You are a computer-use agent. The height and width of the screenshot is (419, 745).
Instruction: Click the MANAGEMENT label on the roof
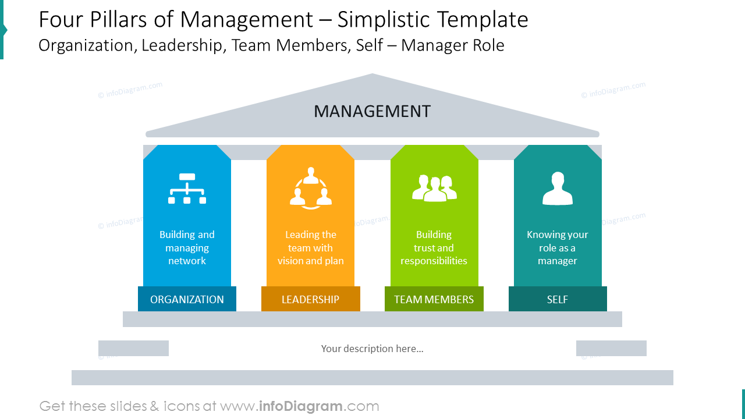[x=372, y=111]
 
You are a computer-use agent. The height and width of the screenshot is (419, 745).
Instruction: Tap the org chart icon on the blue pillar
[x=187, y=189]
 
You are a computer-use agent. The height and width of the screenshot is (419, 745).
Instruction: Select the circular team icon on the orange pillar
[x=311, y=189]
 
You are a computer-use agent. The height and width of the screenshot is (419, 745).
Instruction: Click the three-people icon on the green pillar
[x=434, y=188]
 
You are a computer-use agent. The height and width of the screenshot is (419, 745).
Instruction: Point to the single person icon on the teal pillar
[x=558, y=189]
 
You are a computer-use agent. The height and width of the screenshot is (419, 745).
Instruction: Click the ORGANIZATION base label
[x=187, y=299]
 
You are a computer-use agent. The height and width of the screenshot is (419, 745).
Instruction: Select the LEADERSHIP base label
[x=310, y=299]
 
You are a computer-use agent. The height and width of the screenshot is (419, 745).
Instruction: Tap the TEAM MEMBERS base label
[x=434, y=299]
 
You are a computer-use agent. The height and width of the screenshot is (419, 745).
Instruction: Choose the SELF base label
[x=557, y=299]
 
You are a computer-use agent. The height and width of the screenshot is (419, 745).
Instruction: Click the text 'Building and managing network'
[x=187, y=248]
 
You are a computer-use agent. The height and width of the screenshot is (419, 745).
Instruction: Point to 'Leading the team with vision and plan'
[x=311, y=248]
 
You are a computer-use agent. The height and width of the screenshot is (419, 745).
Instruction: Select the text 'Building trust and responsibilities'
[x=434, y=248]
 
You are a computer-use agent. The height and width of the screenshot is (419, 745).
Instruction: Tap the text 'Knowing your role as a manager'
[x=558, y=248]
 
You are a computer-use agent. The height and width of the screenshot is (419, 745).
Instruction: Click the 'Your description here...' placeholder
[x=372, y=349]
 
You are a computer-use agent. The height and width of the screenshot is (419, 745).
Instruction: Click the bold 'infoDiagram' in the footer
[x=300, y=406]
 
